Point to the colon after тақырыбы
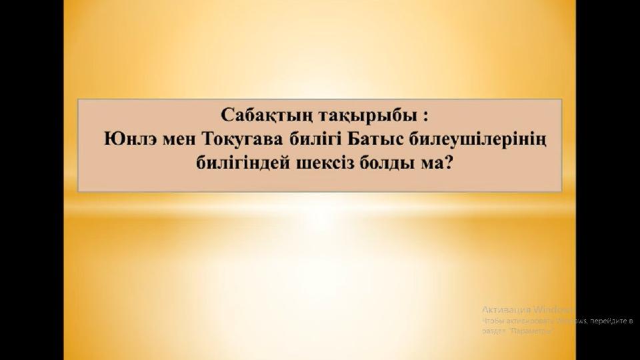coord(425,115)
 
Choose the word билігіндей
coord(239,163)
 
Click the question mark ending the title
coord(448,163)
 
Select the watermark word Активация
coord(506,309)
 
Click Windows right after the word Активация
coord(552,309)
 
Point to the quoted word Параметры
coord(531,331)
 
